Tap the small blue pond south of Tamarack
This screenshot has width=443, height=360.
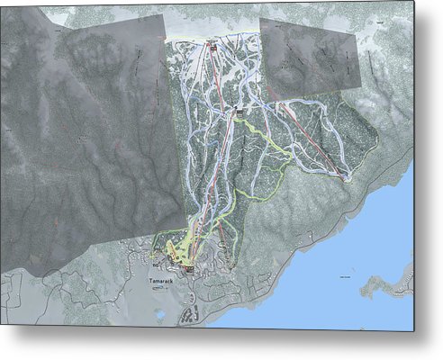click(x=158, y=314)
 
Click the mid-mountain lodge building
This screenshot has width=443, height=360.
click(x=239, y=109)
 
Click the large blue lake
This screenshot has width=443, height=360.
click(x=360, y=270)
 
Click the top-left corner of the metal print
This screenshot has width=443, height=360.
click(x=2, y=5)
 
